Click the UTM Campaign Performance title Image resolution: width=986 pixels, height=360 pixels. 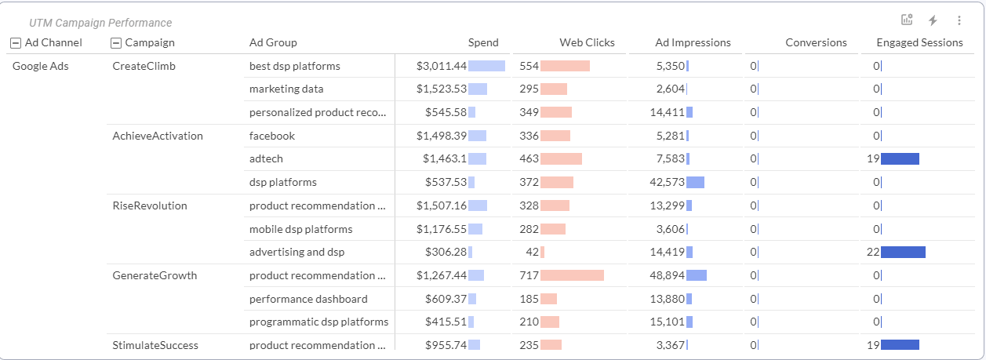100,23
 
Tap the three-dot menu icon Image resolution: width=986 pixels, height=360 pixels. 959,21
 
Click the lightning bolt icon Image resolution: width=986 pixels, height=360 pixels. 933,21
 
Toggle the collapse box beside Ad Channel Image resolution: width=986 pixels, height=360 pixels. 16,43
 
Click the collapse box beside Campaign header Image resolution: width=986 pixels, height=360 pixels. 117,43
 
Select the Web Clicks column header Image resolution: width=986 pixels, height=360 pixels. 587,42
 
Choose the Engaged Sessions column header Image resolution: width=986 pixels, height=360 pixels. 919,42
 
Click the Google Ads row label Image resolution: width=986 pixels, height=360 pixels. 41,66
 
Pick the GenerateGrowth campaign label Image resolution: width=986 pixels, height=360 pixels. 155,275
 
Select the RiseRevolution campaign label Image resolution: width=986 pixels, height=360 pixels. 150,205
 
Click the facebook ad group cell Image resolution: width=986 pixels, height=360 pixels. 272,136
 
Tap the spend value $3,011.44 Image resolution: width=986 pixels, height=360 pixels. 442,66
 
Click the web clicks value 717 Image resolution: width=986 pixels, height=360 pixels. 529,275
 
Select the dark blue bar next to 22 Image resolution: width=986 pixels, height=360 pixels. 903,252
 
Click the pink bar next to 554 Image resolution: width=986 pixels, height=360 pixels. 565,66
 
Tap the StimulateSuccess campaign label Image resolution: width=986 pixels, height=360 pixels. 155,345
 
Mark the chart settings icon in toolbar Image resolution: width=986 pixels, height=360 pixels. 907,21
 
